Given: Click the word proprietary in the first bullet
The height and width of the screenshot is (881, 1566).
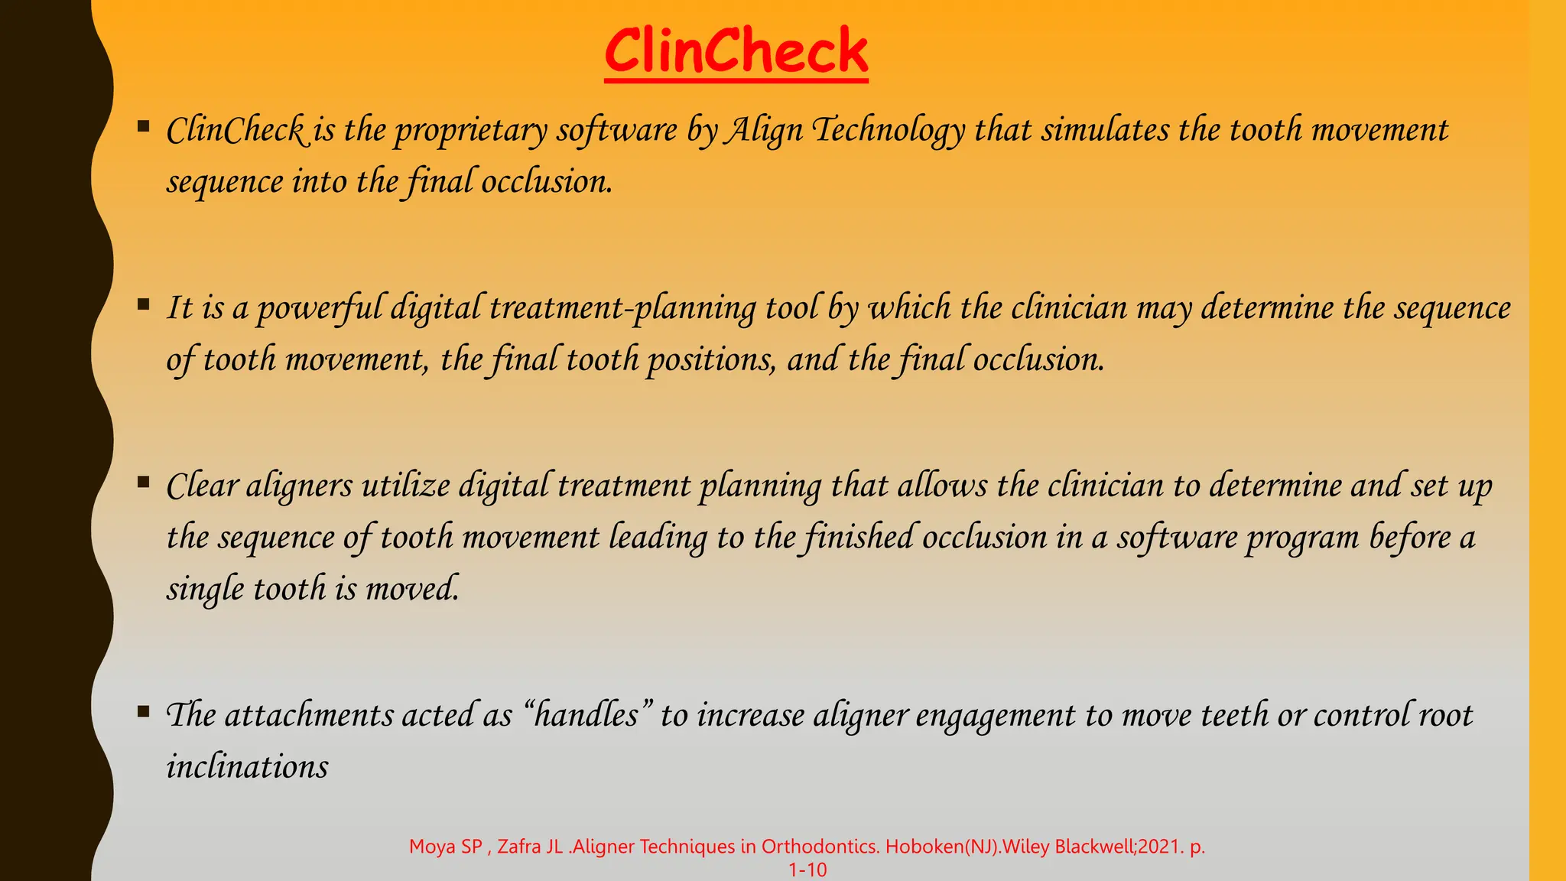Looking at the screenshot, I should [x=471, y=131].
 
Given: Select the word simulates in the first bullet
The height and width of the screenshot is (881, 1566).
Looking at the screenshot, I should [x=1105, y=129].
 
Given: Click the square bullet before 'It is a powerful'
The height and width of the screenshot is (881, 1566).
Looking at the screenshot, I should [x=143, y=304].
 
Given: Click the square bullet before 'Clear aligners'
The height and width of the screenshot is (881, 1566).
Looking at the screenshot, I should [x=143, y=482].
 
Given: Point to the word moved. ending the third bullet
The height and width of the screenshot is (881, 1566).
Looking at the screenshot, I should [x=412, y=589].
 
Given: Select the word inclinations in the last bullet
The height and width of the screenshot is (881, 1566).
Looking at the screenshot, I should [x=248, y=766].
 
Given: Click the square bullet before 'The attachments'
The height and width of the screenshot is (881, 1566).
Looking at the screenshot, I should [x=143, y=712].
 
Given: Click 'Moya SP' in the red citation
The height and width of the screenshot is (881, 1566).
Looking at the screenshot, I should [x=445, y=847].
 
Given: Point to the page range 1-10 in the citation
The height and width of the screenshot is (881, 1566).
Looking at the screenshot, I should [x=807, y=870].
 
